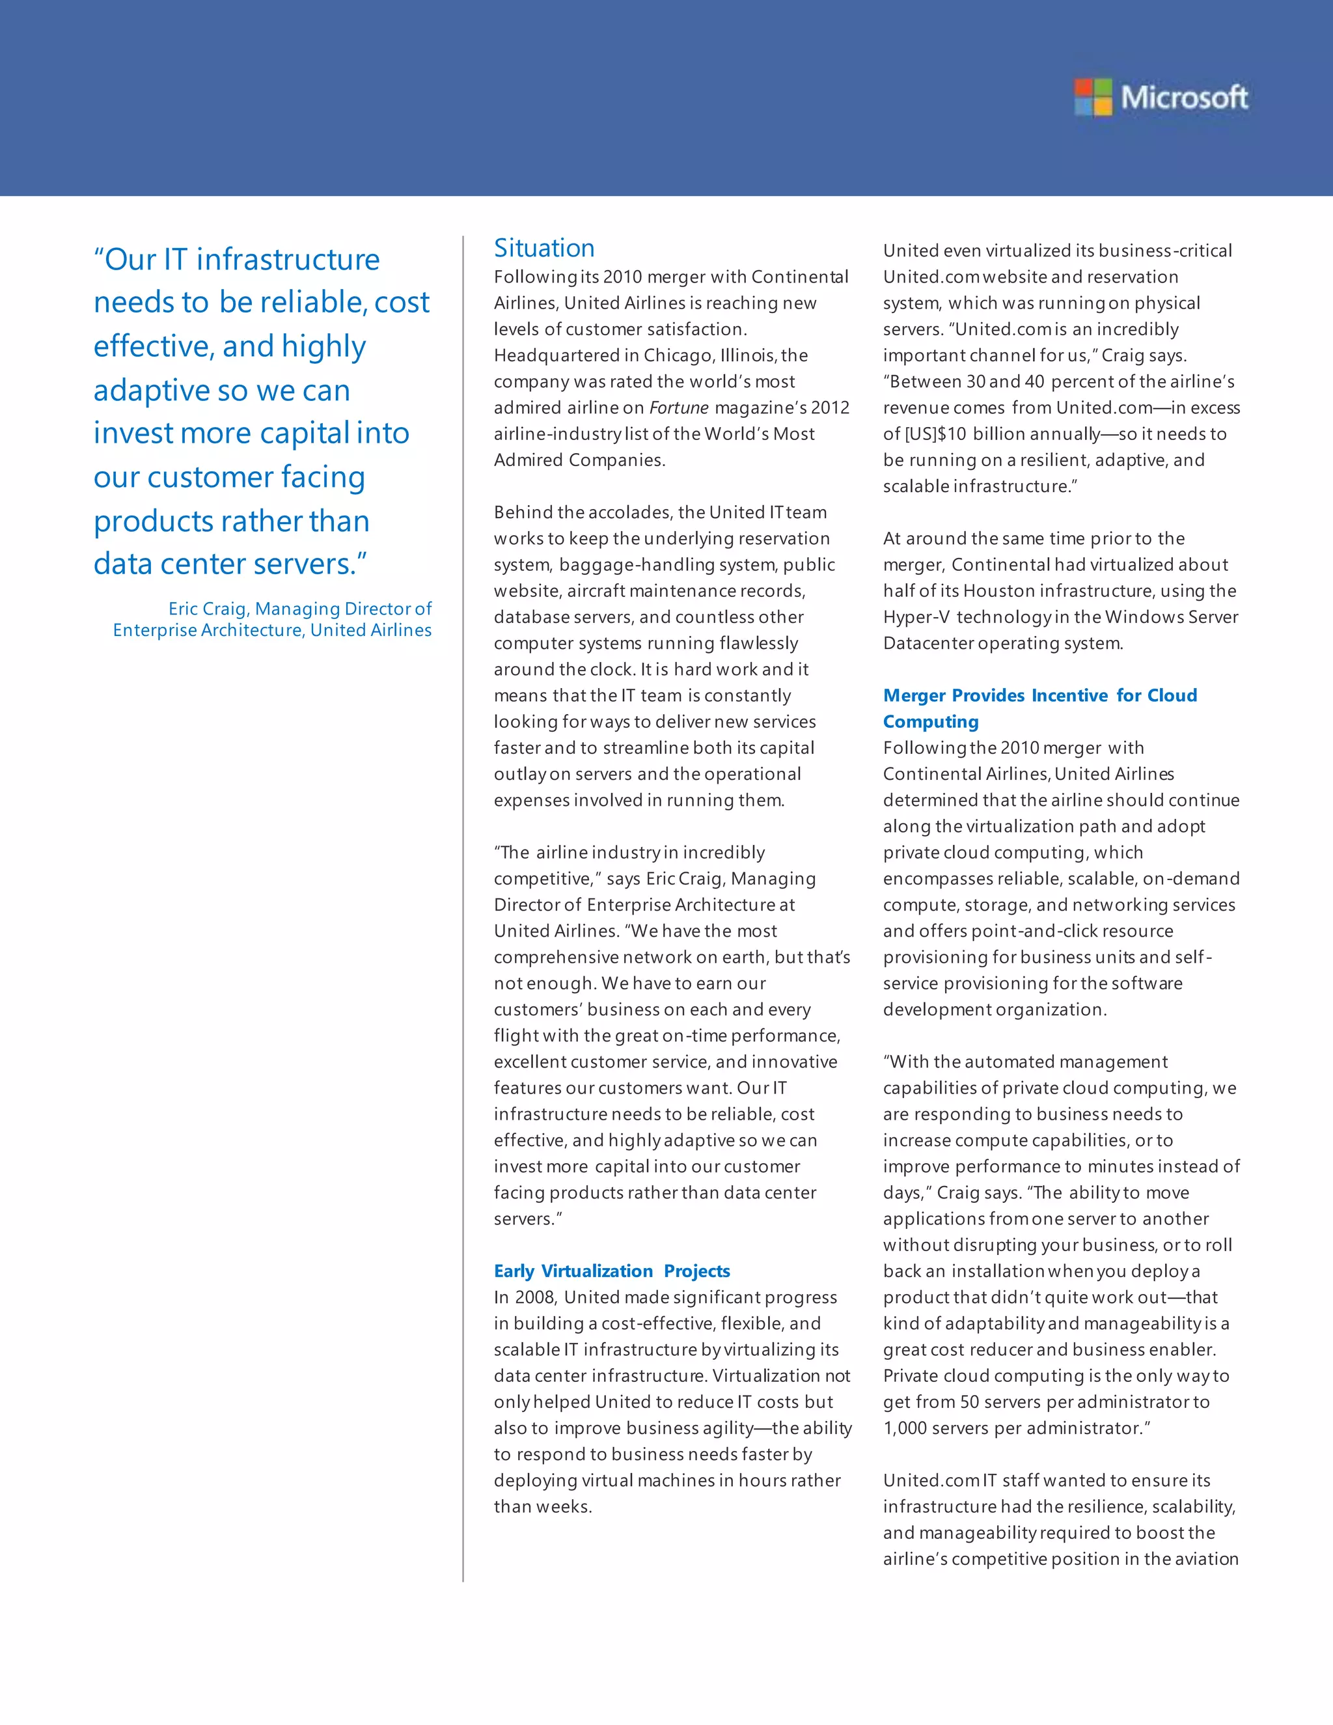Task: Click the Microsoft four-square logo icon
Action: pos(1093,97)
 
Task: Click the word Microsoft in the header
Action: pos(1185,98)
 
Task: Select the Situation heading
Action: pos(544,248)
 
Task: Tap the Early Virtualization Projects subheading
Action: pos(612,1271)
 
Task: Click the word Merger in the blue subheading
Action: pos(914,695)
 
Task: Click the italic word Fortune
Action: pos(679,407)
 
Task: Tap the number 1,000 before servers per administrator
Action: pos(905,1428)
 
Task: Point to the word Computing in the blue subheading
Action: pos(931,721)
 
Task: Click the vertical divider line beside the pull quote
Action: pos(463,908)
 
